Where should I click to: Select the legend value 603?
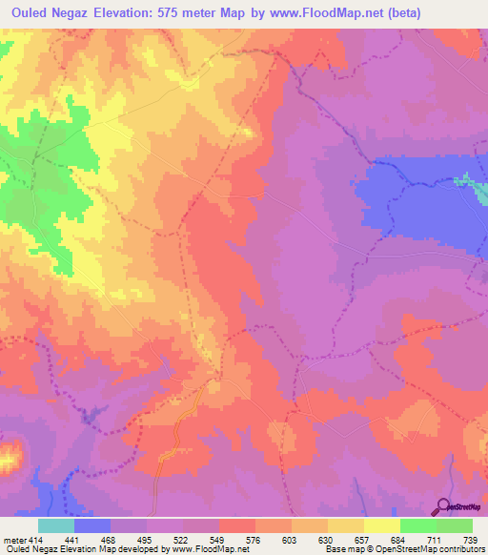274,540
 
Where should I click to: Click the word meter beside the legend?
15,540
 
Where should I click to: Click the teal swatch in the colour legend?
56,525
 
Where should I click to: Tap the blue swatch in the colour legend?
92,525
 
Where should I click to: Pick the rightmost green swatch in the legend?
455,525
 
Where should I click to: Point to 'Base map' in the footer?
339,550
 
